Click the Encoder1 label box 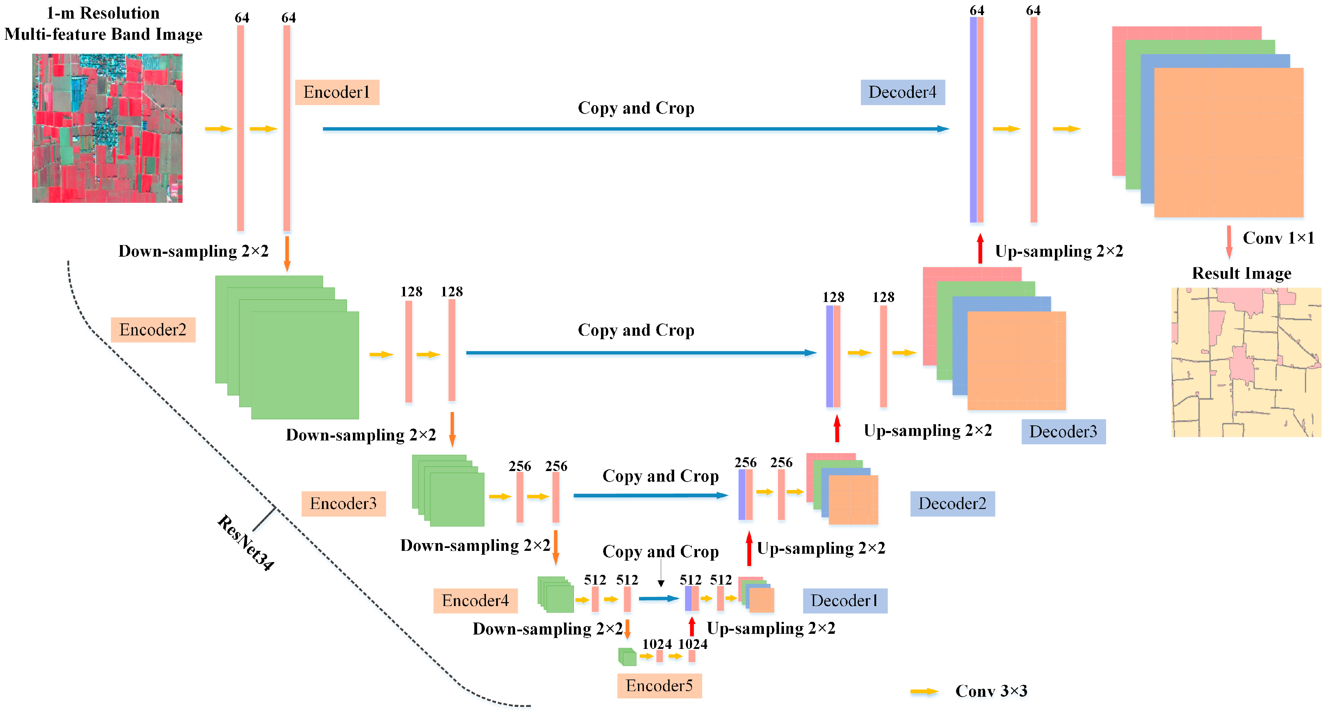[337, 92]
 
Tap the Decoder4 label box [902, 92]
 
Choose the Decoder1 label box [844, 600]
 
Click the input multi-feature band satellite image [107, 128]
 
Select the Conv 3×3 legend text [991, 691]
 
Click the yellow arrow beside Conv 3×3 [924, 691]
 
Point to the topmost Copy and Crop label [635, 108]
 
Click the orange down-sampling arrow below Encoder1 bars [287, 253]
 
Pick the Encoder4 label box [475, 600]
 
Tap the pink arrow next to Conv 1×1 [1229, 242]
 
